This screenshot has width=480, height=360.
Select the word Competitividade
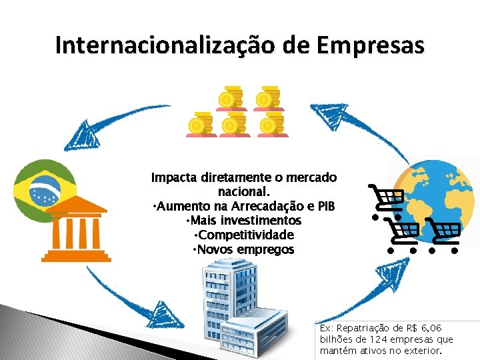(246, 235)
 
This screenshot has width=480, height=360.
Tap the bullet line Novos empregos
(243, 249)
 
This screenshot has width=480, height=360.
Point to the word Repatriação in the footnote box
(366, 329)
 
